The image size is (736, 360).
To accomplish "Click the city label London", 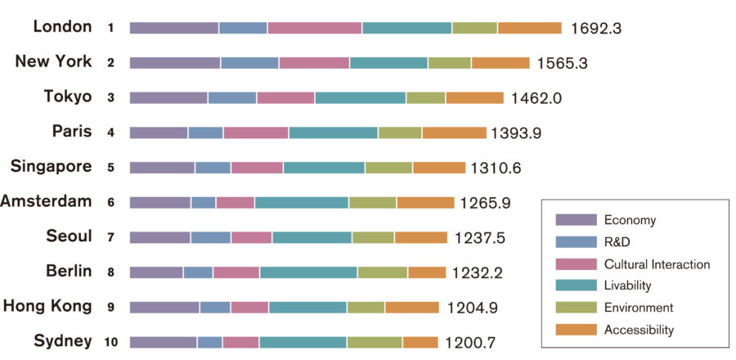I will click(62, 27).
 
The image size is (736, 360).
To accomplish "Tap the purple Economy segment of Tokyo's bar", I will click(168, 97).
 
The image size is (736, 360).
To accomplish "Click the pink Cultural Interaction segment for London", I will click(315, 28).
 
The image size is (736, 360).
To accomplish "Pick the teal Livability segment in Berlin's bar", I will click(308, 272).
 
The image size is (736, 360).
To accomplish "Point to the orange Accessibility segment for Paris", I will click(454, 133).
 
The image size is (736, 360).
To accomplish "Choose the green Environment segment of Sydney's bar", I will click(375, 342).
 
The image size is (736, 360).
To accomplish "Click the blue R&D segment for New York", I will click(249, 63).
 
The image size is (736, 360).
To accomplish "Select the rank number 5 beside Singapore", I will click(110, 168).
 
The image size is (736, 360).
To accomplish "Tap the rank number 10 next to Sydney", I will click(110, 342).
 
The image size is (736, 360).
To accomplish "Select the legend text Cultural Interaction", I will click(657, 264).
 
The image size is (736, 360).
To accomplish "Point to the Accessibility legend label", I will click(639, 330).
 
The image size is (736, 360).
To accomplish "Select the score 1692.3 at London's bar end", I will click(596, 29).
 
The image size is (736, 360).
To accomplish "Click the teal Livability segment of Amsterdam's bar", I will click(302, 202).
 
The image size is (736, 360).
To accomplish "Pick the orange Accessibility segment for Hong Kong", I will click(412, 308).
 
